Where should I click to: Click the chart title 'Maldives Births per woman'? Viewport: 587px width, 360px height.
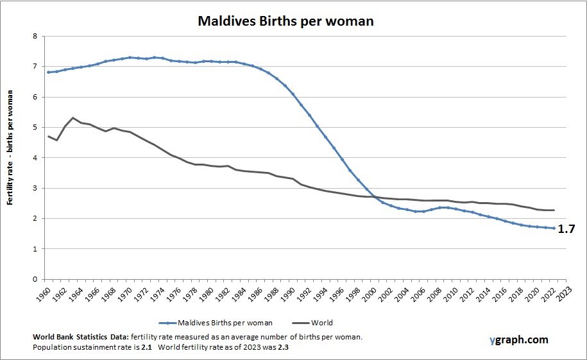coord(285,21)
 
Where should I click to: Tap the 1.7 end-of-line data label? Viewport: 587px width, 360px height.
coord(566,228)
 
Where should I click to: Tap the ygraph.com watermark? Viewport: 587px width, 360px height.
coord(517,340)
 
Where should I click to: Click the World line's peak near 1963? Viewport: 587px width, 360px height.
coord(73,118)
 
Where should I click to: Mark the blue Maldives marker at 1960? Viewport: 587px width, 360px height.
coord(48,72)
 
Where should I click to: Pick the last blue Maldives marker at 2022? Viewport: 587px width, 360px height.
coord(554,228)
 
